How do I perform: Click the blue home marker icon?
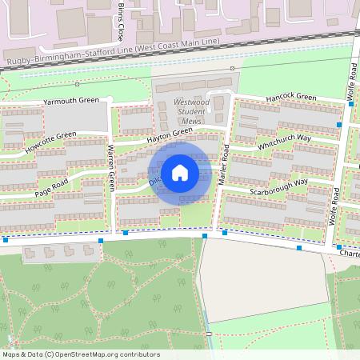point(180,173)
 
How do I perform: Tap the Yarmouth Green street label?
point(71,101)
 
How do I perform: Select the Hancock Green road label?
point(292,97)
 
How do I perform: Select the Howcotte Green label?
point(50,142)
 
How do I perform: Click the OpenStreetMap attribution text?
point(81,354)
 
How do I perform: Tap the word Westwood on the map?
point(192,103)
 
